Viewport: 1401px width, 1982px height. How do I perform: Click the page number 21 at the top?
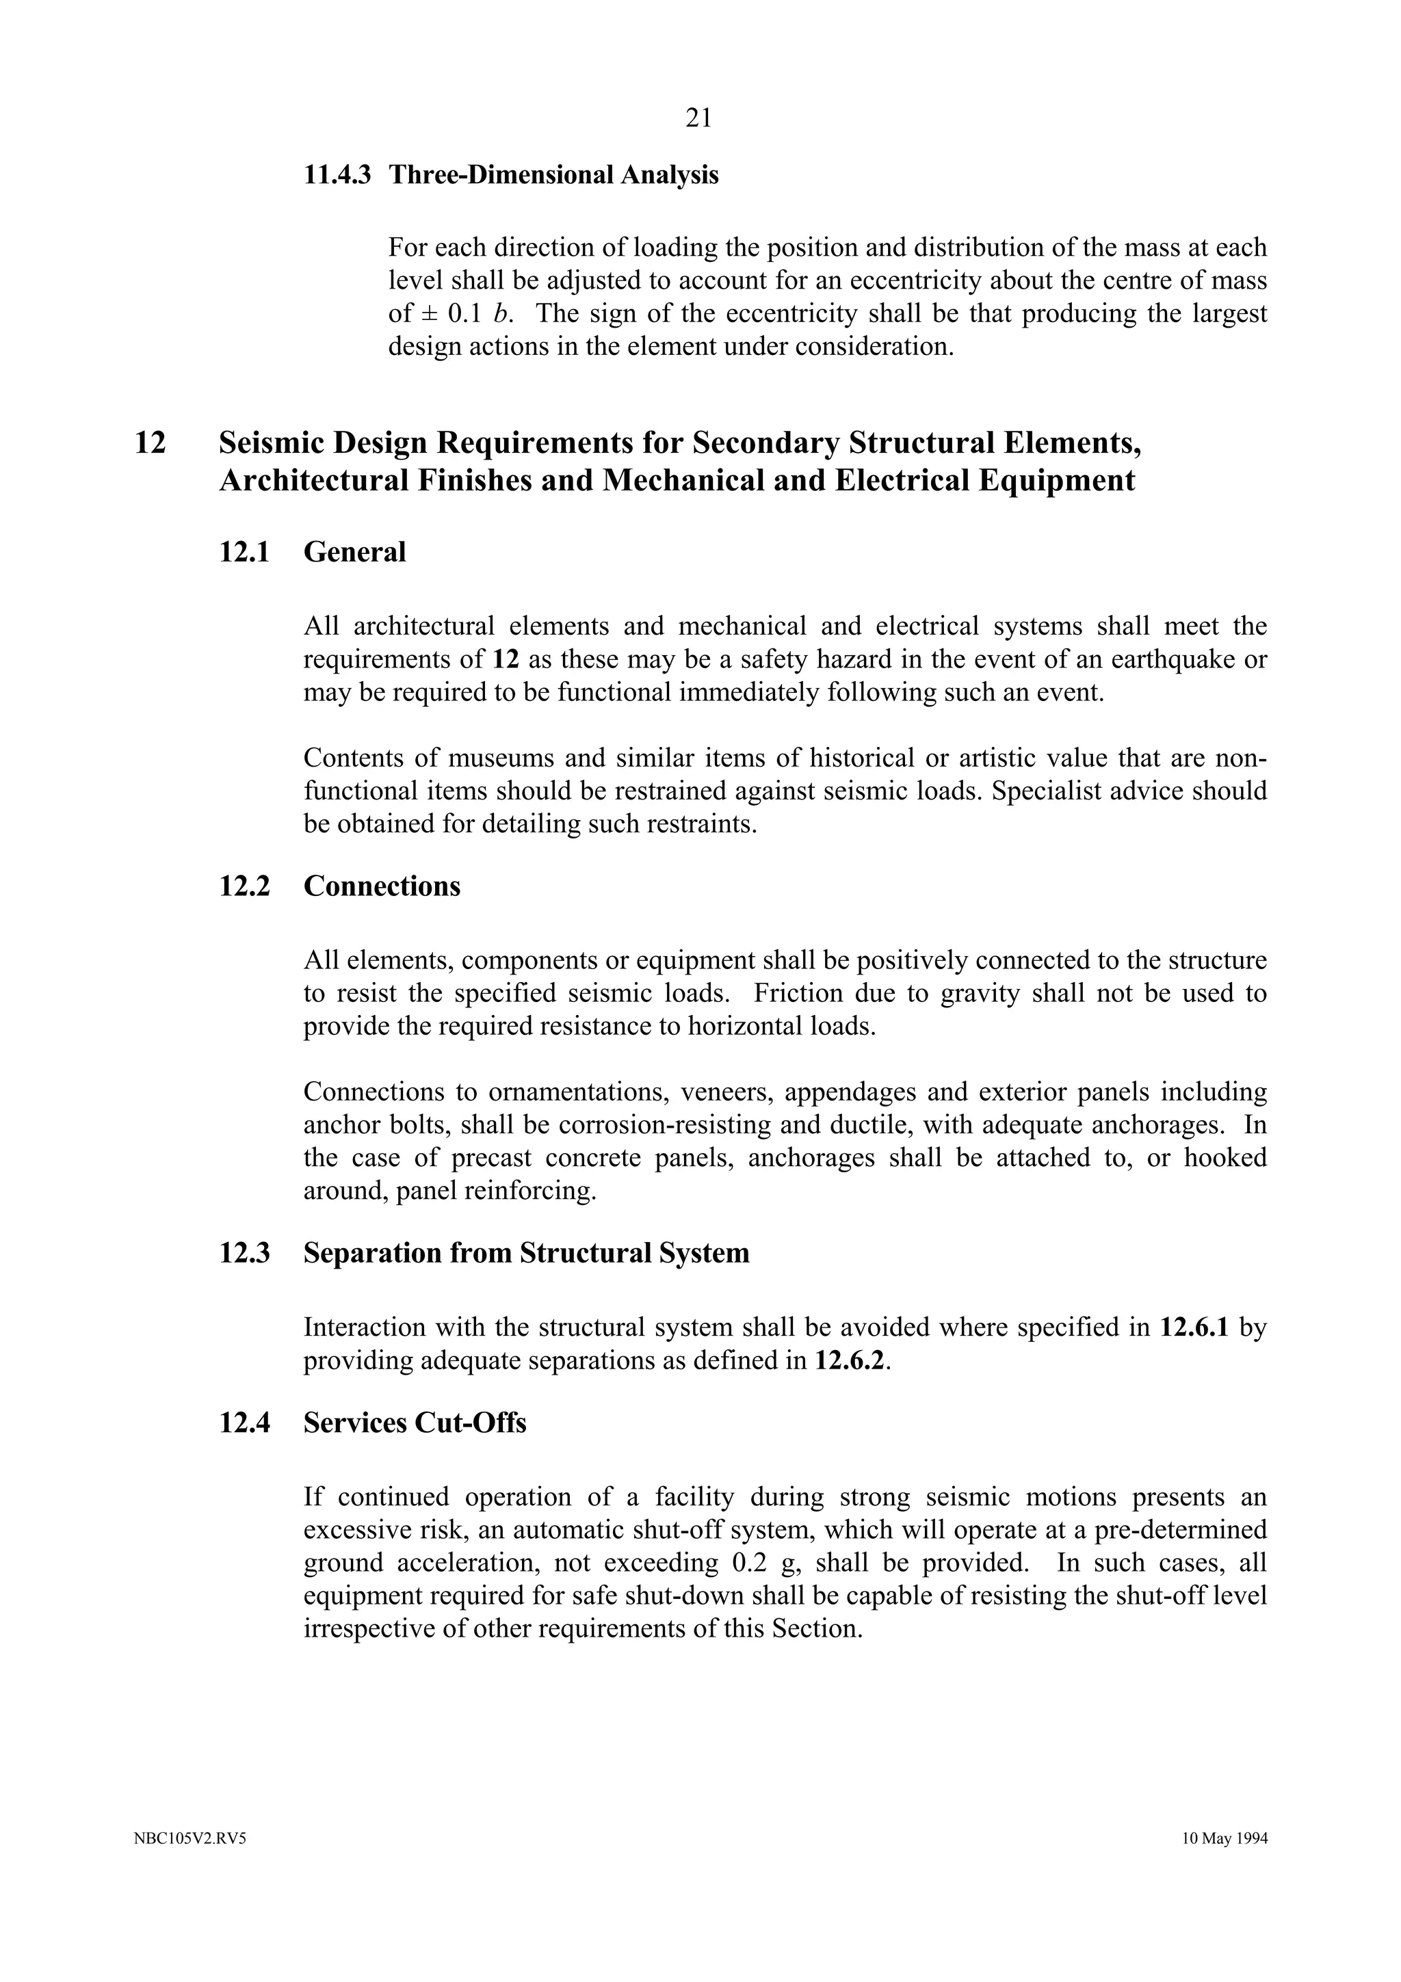pos(698,118)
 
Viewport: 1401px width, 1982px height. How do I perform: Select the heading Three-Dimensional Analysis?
pos(553,175)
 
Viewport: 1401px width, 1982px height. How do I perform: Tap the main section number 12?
pos(150,444)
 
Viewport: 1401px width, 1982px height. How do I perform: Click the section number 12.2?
pos(244,886)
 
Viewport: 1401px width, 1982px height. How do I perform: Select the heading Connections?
pos(382,886)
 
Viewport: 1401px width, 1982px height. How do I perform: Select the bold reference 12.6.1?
pos(1194,1327)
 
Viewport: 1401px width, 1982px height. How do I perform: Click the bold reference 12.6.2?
pos(850,1361)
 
